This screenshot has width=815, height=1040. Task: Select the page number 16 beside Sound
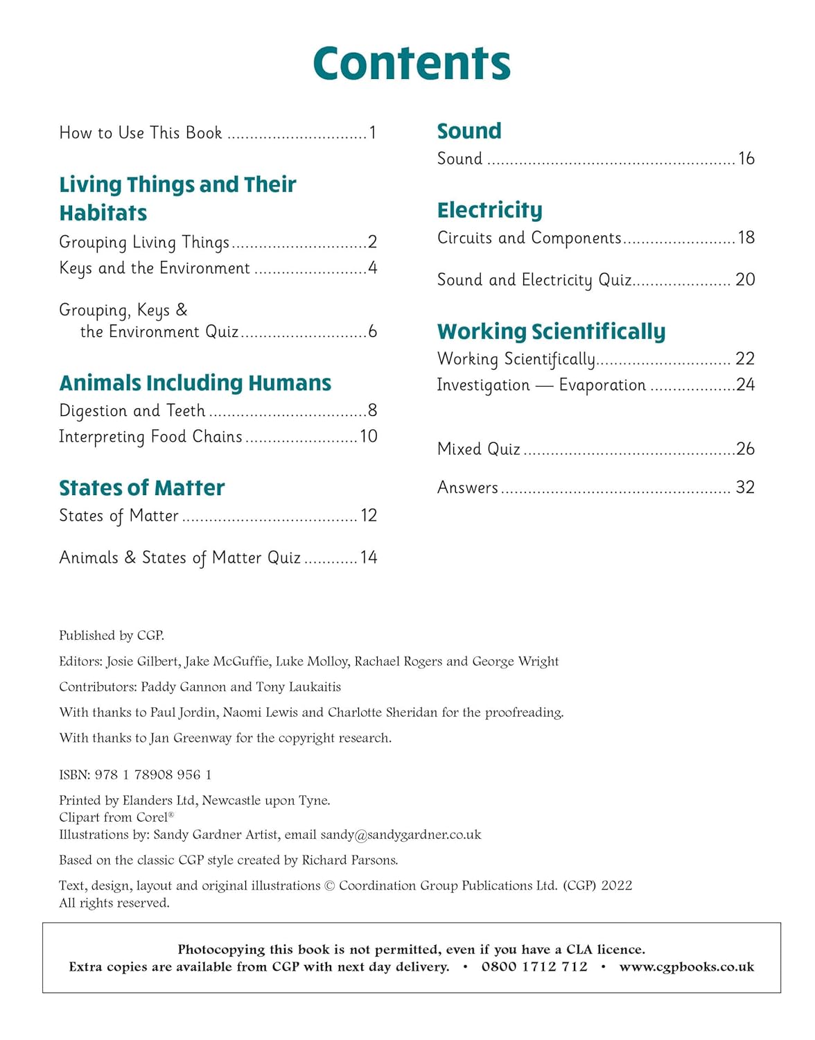[x=746, y=159]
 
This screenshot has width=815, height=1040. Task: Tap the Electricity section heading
[x=489, y=209]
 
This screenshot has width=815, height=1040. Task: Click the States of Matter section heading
[x=142, y=487]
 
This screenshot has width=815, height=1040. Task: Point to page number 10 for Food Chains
[x=369, y=436]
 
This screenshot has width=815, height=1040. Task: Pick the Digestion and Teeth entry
[x=132, y=410]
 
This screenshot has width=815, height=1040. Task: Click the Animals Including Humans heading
[x=195, y=383]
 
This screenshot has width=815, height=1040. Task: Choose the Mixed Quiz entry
[x=478, y=449]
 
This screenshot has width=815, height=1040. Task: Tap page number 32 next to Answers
[x=745, y=487]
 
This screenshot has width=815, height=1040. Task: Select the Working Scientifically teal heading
[x=551, y=331]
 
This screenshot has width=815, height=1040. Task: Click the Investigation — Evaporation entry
[x=541, y=385]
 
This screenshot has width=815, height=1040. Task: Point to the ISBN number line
[x=135, y=774]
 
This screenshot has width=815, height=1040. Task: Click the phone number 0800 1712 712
[x=534, y=967]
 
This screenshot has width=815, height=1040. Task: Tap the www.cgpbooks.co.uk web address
[x=686, y=967]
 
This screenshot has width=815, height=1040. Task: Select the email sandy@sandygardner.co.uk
[x=401, y=834]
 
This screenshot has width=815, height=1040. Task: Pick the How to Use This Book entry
[x=141, y=132]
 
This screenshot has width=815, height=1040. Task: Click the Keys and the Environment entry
[x=155, y=268]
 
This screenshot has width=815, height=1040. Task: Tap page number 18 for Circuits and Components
[x=746, y=238]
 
